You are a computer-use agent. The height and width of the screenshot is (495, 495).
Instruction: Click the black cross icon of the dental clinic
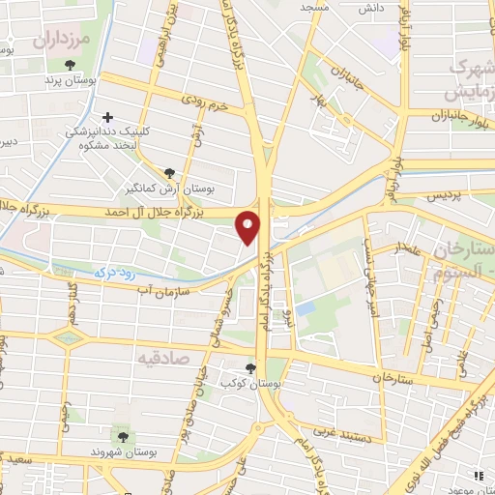tap(107, 117)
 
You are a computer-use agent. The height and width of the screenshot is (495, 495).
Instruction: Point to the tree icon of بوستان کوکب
tap(251, 367)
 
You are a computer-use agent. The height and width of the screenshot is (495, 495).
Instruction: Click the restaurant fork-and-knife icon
tap(478, 475)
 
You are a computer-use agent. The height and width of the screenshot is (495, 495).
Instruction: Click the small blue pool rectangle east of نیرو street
tap(306, 308)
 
